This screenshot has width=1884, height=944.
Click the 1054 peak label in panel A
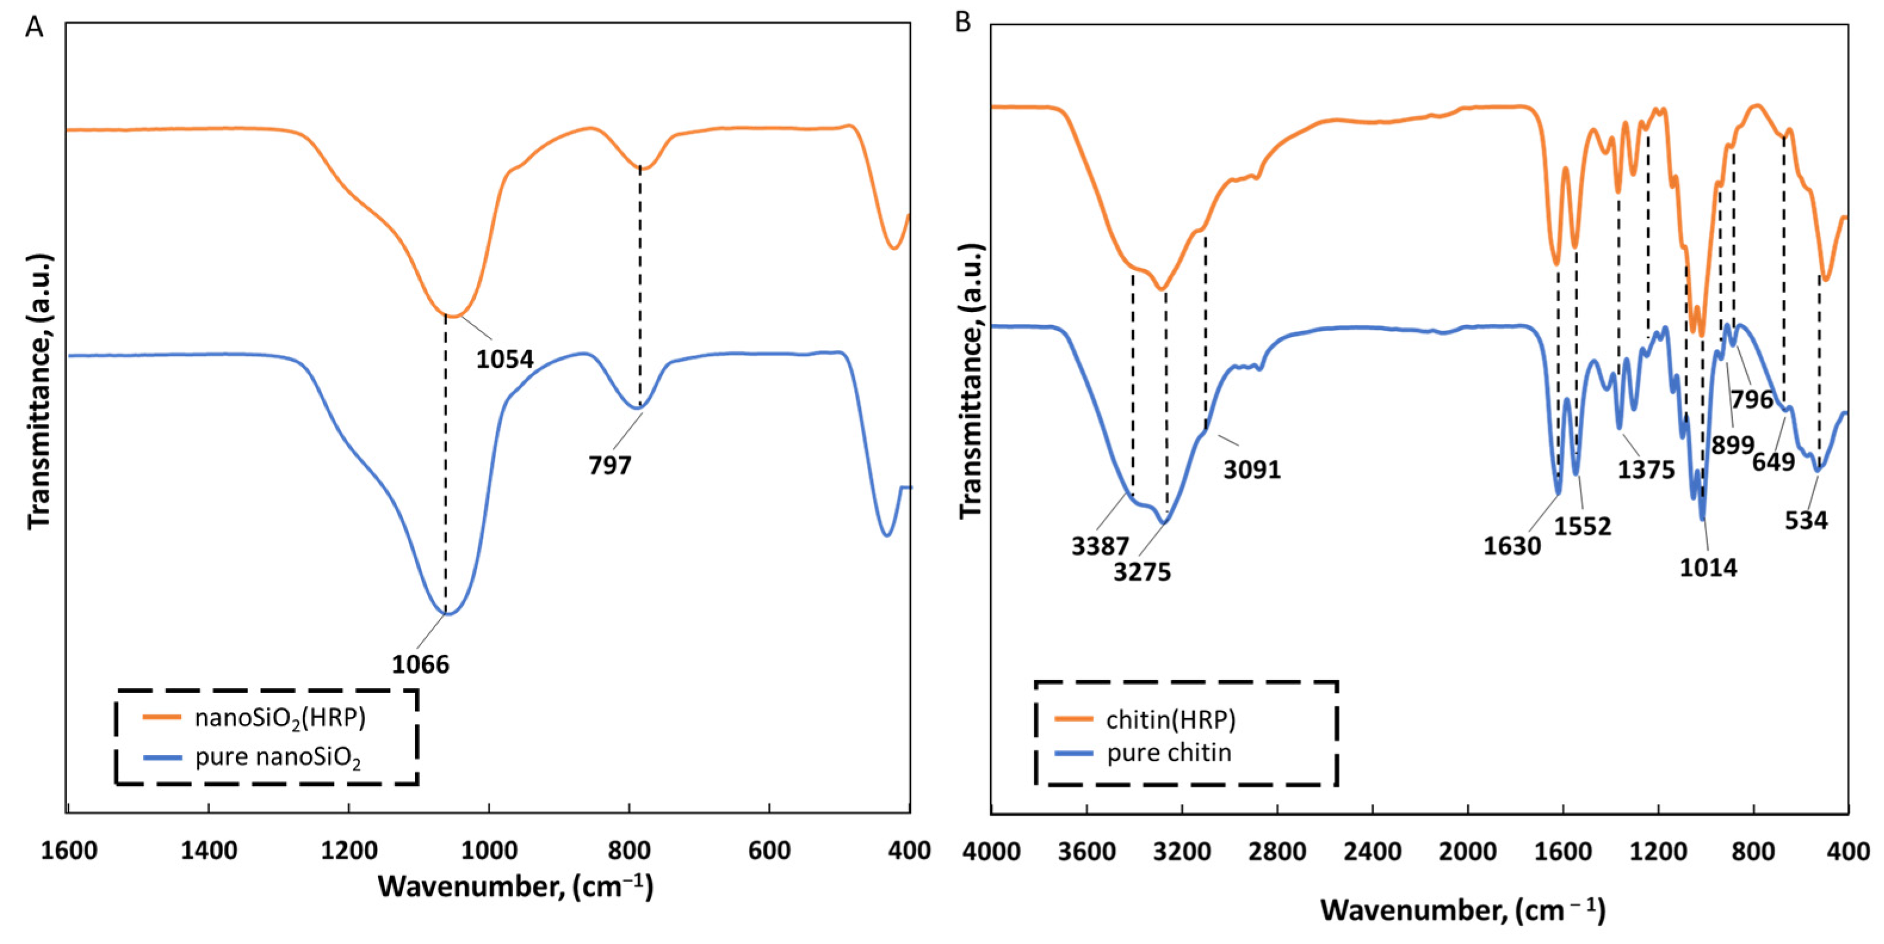pos(504,360)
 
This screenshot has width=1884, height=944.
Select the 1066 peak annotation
pos(420,664)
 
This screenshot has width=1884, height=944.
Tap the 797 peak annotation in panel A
pos(610,465)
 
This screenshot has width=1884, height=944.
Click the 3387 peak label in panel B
pos(1101,546)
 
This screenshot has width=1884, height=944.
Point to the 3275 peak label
pos(1142,571)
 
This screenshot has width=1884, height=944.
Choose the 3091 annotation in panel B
pos(1252,470)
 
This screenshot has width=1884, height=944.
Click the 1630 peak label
pos(1513,546)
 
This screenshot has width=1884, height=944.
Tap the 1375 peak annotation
pos(1646,470)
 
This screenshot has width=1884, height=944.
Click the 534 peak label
pos(1806,520)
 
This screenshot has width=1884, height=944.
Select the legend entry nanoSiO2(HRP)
pos(280,718)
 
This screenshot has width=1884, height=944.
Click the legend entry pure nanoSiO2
pos(278,757)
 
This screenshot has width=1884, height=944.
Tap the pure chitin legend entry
pos(1169,753)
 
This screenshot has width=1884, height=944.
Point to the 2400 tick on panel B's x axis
pos(1373,852)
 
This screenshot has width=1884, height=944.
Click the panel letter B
pos(963,23)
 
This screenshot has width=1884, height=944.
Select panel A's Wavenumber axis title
pos(516,887)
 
